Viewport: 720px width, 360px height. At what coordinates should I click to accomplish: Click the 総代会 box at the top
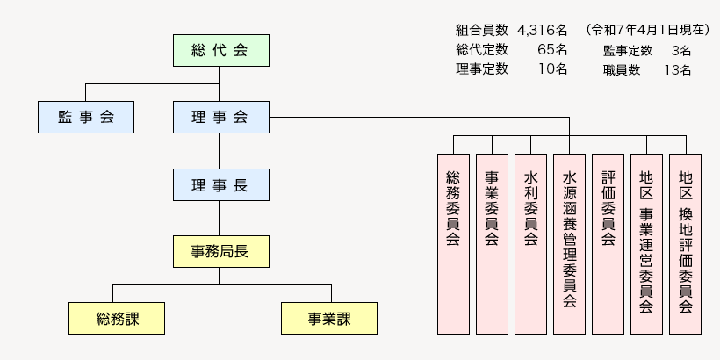[x=220, y=50]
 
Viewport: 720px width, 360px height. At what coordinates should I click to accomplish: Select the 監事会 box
[x=86, y=117]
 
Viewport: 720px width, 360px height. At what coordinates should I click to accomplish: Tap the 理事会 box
[x=220, y=117]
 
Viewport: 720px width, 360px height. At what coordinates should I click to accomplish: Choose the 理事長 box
[x=220, y=184]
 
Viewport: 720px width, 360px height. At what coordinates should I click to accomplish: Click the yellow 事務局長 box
[x=220, y=251]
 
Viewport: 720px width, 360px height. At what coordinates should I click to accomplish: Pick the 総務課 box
[x=118, y=318]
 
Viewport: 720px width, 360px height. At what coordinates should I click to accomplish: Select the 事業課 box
[x=328, y=318]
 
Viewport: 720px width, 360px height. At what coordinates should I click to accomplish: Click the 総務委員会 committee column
[x=453, y=243]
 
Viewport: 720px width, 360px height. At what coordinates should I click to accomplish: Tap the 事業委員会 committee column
[x=492, y=243]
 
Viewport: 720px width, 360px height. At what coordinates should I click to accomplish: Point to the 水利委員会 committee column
[x=530, y=243]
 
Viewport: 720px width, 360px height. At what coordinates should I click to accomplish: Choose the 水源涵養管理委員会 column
[x=569, y=243]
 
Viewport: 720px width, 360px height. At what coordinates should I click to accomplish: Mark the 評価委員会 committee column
[x=608, y=243]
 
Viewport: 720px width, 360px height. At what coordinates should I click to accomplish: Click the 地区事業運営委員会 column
[x=646, y=243]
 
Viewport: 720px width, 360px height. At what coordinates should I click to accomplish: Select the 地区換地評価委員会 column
[x=685, y=243]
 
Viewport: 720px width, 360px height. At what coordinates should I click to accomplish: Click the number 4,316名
[x=543, y=30]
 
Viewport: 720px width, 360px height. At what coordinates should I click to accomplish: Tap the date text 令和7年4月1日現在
[x=646, y=30]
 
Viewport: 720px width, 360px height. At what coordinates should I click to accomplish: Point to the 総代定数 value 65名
[x=551, y=49]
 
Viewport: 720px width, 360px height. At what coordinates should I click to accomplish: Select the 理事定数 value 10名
[x=551, y=68]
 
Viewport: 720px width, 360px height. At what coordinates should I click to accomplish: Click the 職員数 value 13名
[x=679, y=69]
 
